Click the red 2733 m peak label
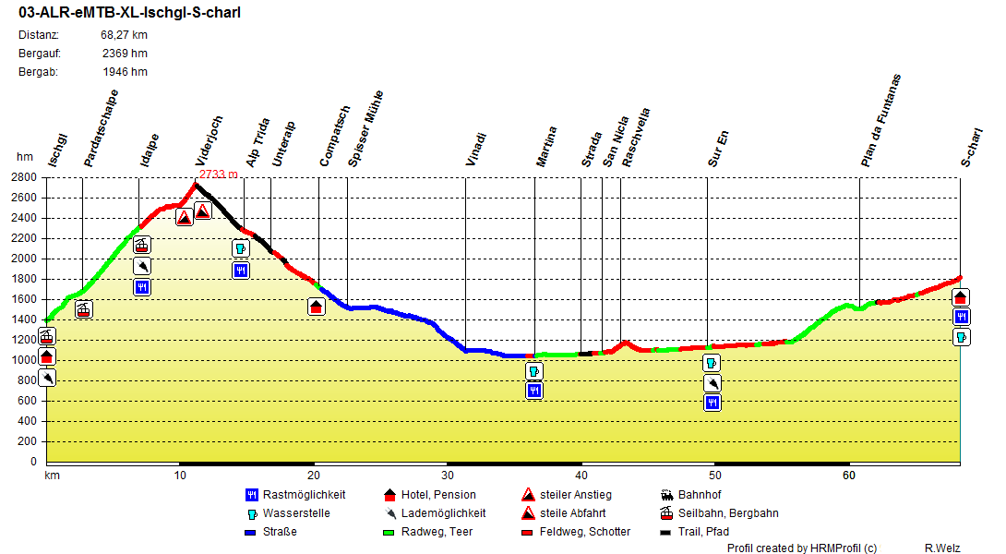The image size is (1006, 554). click(219, 174)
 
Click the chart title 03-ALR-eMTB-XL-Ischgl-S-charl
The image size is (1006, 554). click(129, 13)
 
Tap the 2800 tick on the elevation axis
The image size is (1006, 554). click(25, 177)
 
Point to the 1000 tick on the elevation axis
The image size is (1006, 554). click(25, 360)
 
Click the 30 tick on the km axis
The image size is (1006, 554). click(448, 475)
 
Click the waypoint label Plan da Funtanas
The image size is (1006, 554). click(880, 120)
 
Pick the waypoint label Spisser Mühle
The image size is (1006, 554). click(365, 128)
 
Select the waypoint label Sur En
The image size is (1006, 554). click(719, 148)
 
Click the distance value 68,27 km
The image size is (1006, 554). click(125, 35)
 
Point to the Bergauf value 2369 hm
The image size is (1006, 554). click(125, 54)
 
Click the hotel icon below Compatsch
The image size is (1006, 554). click(317, 307)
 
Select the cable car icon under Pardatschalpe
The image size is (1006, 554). click(84, 309)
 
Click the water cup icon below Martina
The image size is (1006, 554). click(534, 371)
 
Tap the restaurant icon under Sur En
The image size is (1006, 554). click(712, 403)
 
